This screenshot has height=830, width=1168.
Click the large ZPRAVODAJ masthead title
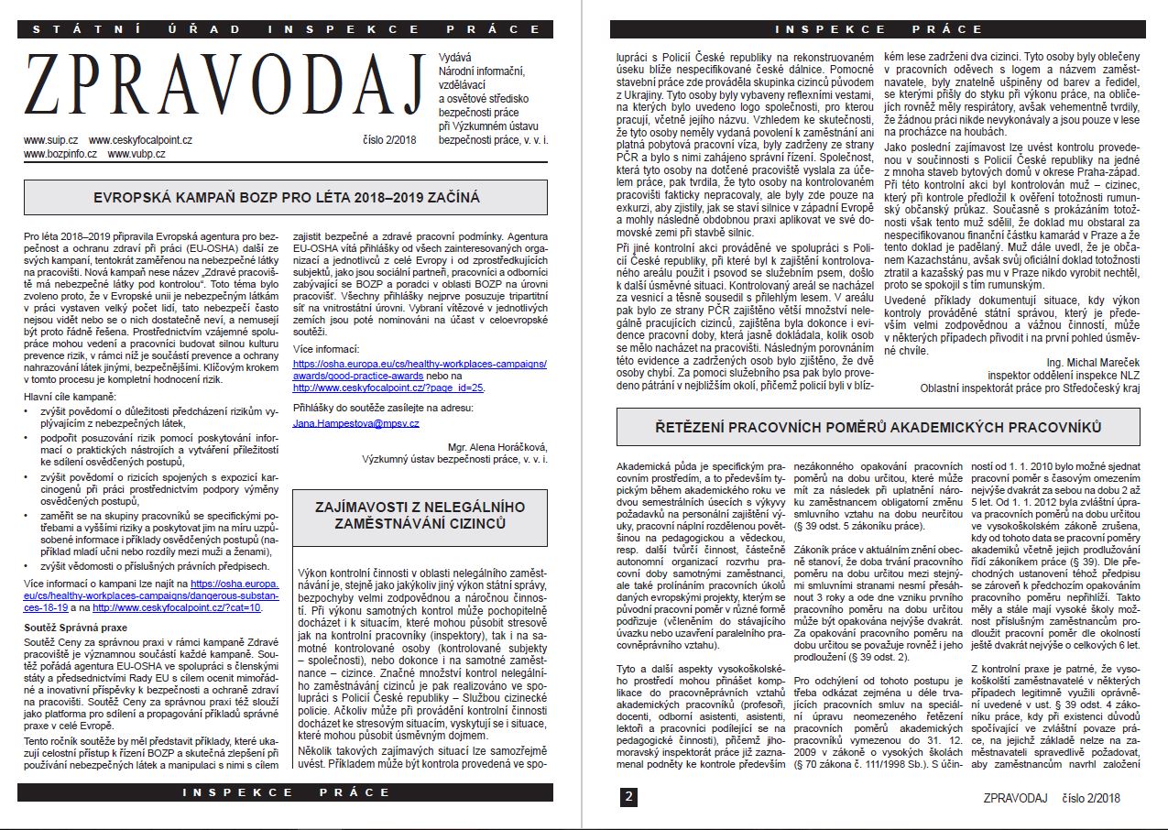tap(224, 87)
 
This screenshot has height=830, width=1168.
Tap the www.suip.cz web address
tap(49, 140)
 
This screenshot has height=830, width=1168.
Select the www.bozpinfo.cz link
tap(60, 154)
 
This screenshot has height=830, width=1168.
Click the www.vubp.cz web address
tap(136, 154)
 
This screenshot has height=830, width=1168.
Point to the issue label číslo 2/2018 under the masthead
tap(390, 140)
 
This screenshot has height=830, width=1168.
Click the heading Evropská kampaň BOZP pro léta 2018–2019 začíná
tap(287, 197)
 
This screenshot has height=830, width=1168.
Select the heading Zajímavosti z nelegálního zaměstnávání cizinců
tap(422, 514)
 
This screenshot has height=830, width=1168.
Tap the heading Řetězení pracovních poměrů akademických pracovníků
tap(878, 427)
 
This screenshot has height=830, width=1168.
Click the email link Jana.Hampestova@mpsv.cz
tap(356, 423)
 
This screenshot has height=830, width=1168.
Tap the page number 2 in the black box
tap(628, 797)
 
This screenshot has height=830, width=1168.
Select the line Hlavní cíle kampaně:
tap(71, 396)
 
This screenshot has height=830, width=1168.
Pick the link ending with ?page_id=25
tap(388, 388)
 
